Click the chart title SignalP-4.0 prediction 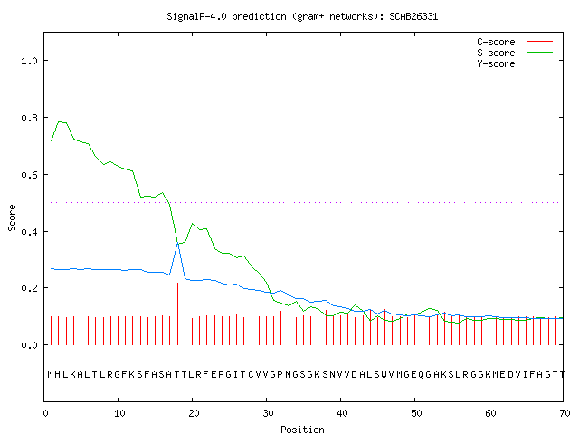click(226, 16)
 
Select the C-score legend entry click(515, 42)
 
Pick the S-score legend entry click(515, 53)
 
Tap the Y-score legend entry click(515, 63)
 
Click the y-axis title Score click(12, 217)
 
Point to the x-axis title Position click(302, 430)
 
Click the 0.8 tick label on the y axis click(30, 118)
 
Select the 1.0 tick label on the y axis click(30, 61)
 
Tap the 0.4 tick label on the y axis click(30, 232)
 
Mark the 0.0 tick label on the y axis click(30, 345)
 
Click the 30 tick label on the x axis click(268, 413)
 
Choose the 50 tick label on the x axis click(416, 413)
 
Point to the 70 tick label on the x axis click(565, 413)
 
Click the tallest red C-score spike click(177, 314)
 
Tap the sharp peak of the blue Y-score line click(177, 243)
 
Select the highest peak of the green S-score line click(61, 121)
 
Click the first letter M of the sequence click(51, 374)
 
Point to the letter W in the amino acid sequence click(384, 374)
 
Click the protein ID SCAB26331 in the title click(413, 16)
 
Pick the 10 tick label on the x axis click(119, 413)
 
